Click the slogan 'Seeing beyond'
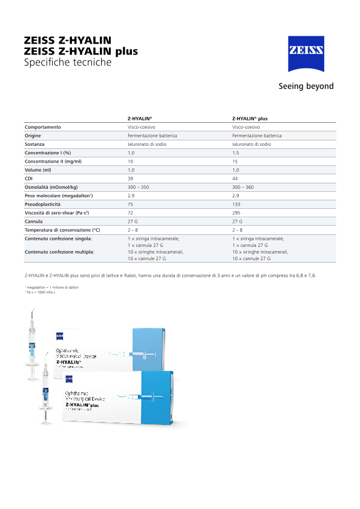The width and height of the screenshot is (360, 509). click(x=306, y=86)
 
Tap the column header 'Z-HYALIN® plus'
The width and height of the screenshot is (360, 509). click(x=250, y=119)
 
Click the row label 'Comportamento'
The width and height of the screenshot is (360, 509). click(x=43, y=127)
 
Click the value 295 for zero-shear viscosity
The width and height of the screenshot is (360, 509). click(x=237, y=213)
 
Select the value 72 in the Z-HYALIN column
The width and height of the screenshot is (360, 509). click(x=130, y=213)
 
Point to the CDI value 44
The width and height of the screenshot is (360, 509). click(x=235, y=179)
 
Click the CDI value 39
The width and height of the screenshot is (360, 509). click(x=130, y=179)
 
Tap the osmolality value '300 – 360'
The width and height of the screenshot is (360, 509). click(x=243, y=187)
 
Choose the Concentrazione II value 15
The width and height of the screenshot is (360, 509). click(x=235, y=162)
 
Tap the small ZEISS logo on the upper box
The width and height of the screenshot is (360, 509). click(x=59, y=335)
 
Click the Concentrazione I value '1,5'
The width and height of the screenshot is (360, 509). click(x=236, y=153)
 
